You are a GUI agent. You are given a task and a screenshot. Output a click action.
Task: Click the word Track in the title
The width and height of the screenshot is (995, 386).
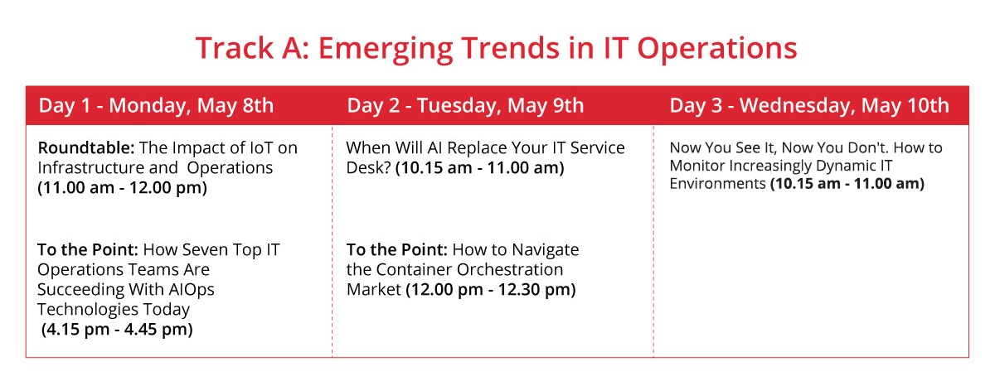tap(235, 48)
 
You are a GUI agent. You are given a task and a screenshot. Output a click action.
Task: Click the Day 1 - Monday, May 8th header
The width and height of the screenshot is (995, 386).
tap(156, 105)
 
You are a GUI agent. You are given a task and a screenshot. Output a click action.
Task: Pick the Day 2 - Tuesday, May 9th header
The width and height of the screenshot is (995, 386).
tap(465, 105)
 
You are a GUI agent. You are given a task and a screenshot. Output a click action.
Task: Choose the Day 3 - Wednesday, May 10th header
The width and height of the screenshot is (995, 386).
tap(809, 105)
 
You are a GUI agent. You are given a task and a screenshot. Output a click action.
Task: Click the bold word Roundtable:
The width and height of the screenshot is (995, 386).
tap(86, 147)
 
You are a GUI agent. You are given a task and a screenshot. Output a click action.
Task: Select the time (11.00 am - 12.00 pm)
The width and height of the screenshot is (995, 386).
tap(122, 188)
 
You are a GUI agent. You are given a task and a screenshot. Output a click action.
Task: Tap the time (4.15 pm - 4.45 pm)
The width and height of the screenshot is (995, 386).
tap(117, 330)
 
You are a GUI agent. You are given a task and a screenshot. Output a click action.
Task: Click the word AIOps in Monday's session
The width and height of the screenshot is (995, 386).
tap(191, 290)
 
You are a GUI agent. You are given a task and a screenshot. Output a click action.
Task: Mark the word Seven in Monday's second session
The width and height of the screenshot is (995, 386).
tap(202, 250)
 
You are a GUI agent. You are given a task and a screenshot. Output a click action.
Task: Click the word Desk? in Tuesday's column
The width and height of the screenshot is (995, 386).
tap(369, 167)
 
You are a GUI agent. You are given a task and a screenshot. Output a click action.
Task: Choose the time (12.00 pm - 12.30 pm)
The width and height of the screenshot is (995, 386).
tap(491, 290)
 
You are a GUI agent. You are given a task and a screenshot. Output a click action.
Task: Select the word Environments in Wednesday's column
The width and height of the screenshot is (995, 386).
tap(718, 184)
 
